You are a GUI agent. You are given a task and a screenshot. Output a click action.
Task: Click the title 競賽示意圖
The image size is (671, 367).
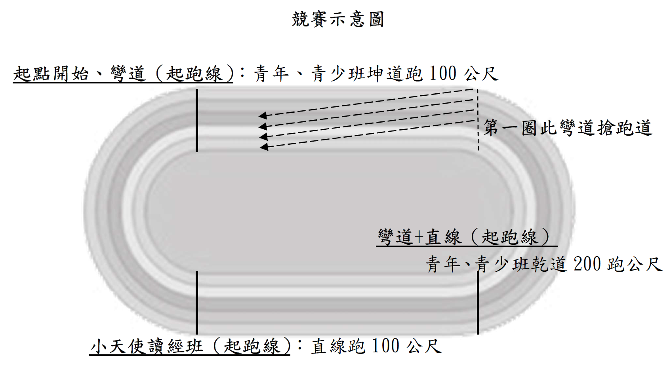click(338, 19)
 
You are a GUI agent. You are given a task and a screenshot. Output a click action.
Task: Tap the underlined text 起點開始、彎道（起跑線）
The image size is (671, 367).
click(123, 74)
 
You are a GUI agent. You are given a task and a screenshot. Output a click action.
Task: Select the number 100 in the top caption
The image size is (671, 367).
click(442, 74)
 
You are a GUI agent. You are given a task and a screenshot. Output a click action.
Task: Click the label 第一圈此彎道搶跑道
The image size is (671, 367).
click(567, 128)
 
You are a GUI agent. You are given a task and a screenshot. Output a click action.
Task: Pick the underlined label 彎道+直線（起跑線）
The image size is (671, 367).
click(463, 237)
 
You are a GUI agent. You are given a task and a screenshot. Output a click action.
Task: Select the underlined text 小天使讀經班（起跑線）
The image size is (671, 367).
click(190, 346)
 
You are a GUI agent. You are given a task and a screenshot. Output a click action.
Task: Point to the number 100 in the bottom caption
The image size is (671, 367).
click(385, 346)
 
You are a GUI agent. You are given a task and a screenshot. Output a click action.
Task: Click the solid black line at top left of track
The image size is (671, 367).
click(197, 121)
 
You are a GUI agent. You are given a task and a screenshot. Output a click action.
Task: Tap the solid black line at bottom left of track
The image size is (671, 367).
click(197, 303)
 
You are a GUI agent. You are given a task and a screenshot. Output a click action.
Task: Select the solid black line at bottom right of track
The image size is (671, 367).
click(478, 303)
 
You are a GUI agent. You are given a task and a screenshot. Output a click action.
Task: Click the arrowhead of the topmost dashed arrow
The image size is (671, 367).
click(262, 115)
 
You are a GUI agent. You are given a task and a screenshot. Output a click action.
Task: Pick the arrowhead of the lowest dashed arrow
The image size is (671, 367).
click(264, 147)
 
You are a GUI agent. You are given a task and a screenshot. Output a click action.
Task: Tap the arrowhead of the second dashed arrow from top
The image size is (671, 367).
click(262, 127)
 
